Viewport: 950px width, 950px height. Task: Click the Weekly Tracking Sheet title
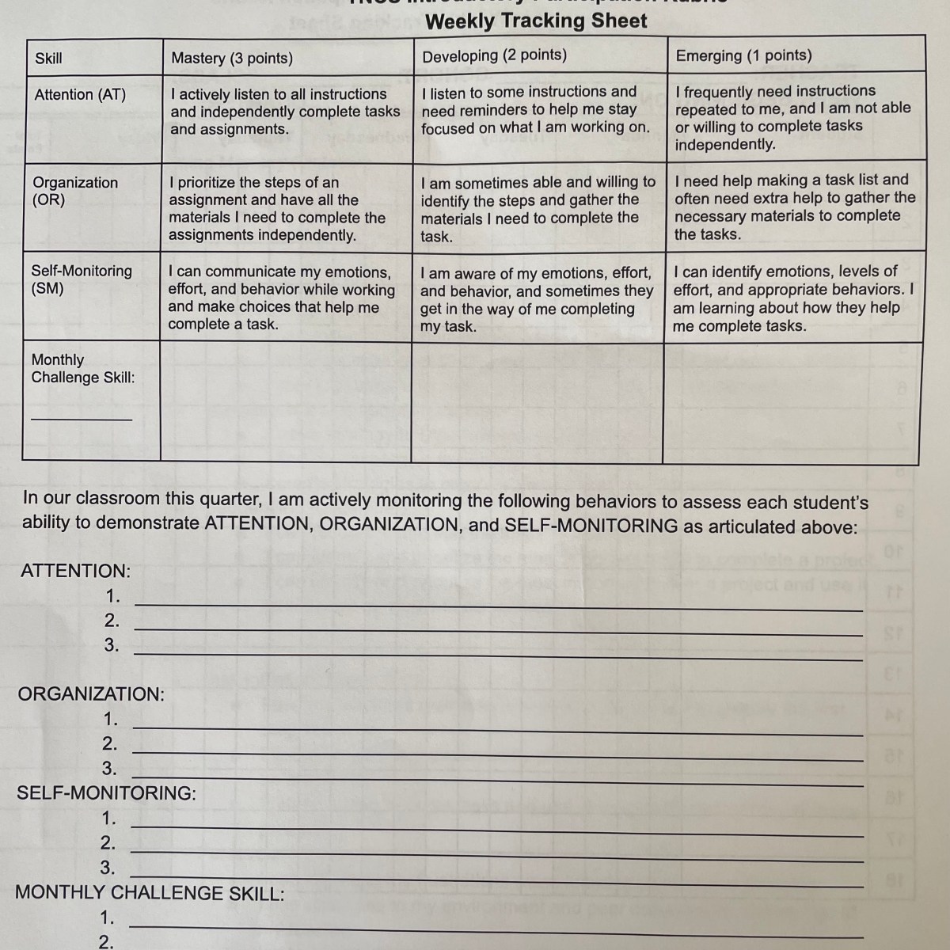pyautogui.click(x=536, y=21)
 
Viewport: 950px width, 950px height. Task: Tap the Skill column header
pyautogui.click(x=48, y=58)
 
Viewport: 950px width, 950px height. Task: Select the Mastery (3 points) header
pyautogui.click(x=232, y=58)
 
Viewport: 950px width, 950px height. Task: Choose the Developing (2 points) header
pyautogui.click(x=494, y=55)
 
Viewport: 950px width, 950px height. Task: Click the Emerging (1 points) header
pyautogui.click(x=743, y=55)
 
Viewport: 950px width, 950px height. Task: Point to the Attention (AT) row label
pyautogui.click(x=80, y=94)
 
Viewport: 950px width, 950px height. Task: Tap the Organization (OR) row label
pyautogui.click(x=74, y=191)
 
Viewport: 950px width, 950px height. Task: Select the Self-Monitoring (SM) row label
pyautogui.click(x=81, y=279)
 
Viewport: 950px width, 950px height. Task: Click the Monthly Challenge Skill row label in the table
pyautogui.click(x=82, y=368)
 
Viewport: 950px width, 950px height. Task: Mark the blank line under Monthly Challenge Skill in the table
pyautogui.click(x=82, y=418)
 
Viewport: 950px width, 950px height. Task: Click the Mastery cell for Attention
pyautogui.click(x=285, y=112)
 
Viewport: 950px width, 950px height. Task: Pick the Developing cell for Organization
pyautogui.click(x=538, y=209)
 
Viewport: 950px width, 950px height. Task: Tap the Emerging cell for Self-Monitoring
pyautogui.click(x=792, y=298)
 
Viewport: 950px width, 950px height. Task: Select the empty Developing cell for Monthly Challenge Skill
pyautogui.click(x=538, y=401)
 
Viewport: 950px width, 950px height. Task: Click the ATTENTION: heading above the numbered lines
pyautogui.click(x=76, y=571)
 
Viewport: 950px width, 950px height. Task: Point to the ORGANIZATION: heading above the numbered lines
pyautogui.click(x=91, y=694)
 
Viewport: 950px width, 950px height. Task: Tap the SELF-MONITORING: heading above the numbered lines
pyautogui.click(x=106, y=792)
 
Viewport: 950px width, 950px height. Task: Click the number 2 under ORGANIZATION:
pyautogui.click(x=109, y=743)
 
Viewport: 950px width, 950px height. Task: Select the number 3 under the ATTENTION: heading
pyautogui.click(x=112, y=645)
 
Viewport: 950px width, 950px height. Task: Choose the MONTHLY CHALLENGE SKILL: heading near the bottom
pyautogui.click(x=150, y=893)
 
